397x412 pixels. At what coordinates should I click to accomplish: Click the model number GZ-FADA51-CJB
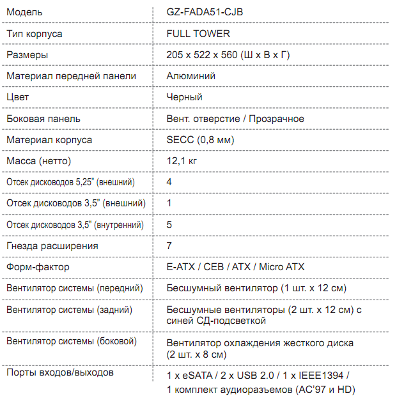[x=205, y=12]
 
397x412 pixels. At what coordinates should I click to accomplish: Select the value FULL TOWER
[x=198, y=33]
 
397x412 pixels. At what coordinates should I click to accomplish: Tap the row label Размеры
[x=27, y=55]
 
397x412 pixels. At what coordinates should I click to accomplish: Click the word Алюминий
[x=191, y=76]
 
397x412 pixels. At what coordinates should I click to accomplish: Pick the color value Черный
[x=184, y=97]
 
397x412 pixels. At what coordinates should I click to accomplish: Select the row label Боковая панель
[x=43, y=119]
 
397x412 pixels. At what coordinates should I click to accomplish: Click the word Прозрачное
[x=277, y=119]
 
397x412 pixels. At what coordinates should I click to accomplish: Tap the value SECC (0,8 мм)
[x=200, y=140]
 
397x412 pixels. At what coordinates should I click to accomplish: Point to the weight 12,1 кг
[x=182, y=161]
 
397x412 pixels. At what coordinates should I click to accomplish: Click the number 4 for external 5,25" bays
[x=169, y=182]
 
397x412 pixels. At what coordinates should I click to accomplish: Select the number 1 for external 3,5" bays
[x=169, y=203]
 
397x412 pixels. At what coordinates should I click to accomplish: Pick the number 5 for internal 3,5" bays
[x=169, y=225]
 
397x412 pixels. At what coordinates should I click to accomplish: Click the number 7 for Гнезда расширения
[x=169, y=246]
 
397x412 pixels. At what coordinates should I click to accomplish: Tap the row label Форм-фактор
[x=38, y=267]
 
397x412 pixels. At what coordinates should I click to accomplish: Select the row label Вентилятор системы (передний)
[x=74, y=289]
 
